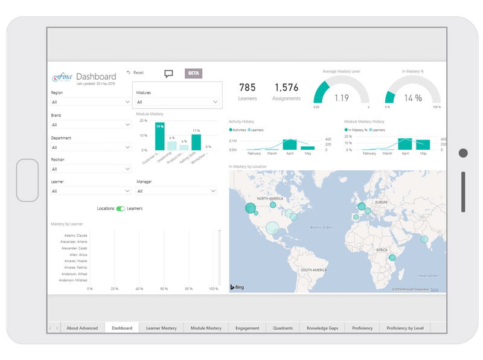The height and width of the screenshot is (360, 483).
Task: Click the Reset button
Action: pos(135,72)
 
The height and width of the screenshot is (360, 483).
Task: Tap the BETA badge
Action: pos(193,73)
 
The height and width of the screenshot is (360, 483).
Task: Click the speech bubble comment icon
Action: pos(168,74)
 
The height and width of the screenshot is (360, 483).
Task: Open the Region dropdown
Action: pos(91,103)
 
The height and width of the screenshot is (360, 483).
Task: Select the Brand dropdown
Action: pos(91,125)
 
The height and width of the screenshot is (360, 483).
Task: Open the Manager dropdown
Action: pos(176,191)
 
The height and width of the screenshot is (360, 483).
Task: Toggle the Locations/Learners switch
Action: pos(121,208)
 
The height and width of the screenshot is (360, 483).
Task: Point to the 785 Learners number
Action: pos(248,88)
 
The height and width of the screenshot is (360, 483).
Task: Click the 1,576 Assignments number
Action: pos(286,88)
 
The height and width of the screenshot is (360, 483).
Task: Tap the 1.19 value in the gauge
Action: pos(341,98)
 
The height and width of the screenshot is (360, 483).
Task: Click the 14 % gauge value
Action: pos(413,98)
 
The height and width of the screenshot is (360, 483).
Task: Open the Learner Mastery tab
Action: pos(161,328)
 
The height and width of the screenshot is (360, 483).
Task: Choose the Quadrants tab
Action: pos(283,328)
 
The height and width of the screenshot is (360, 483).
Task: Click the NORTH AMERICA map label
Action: pos(270,199)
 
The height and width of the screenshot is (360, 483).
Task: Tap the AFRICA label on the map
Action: pos(382,249)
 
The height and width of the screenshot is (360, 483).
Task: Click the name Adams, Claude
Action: pos(74,236)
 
